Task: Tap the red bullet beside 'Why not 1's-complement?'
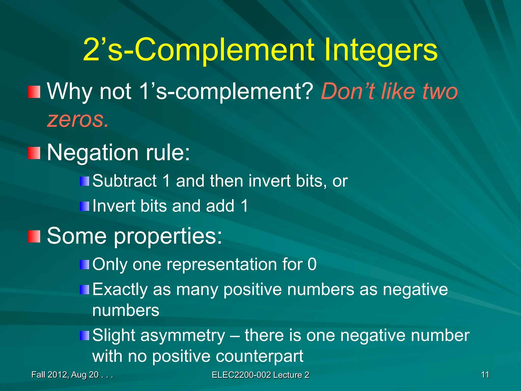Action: tap(34, 92)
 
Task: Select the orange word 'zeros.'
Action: tap(78, 120)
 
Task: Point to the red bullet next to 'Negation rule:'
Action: tap(34, 153)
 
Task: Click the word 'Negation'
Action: tap(93, 153)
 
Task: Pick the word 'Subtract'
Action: tap(124, 181)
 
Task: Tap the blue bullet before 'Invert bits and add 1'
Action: tap(84, 206)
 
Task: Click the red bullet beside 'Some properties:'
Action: tap(34, 236)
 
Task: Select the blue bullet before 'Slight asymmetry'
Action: tap(84, 336)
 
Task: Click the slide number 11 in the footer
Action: tap(485, 375)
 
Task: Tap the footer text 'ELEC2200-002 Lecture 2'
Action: tap(260, 375)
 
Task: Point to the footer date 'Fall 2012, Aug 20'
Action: tap(65, 375)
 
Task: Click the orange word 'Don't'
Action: tap(347, 91)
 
